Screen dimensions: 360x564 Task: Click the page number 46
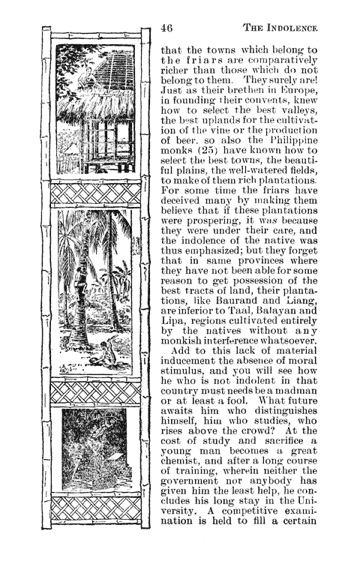point(169,28)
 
